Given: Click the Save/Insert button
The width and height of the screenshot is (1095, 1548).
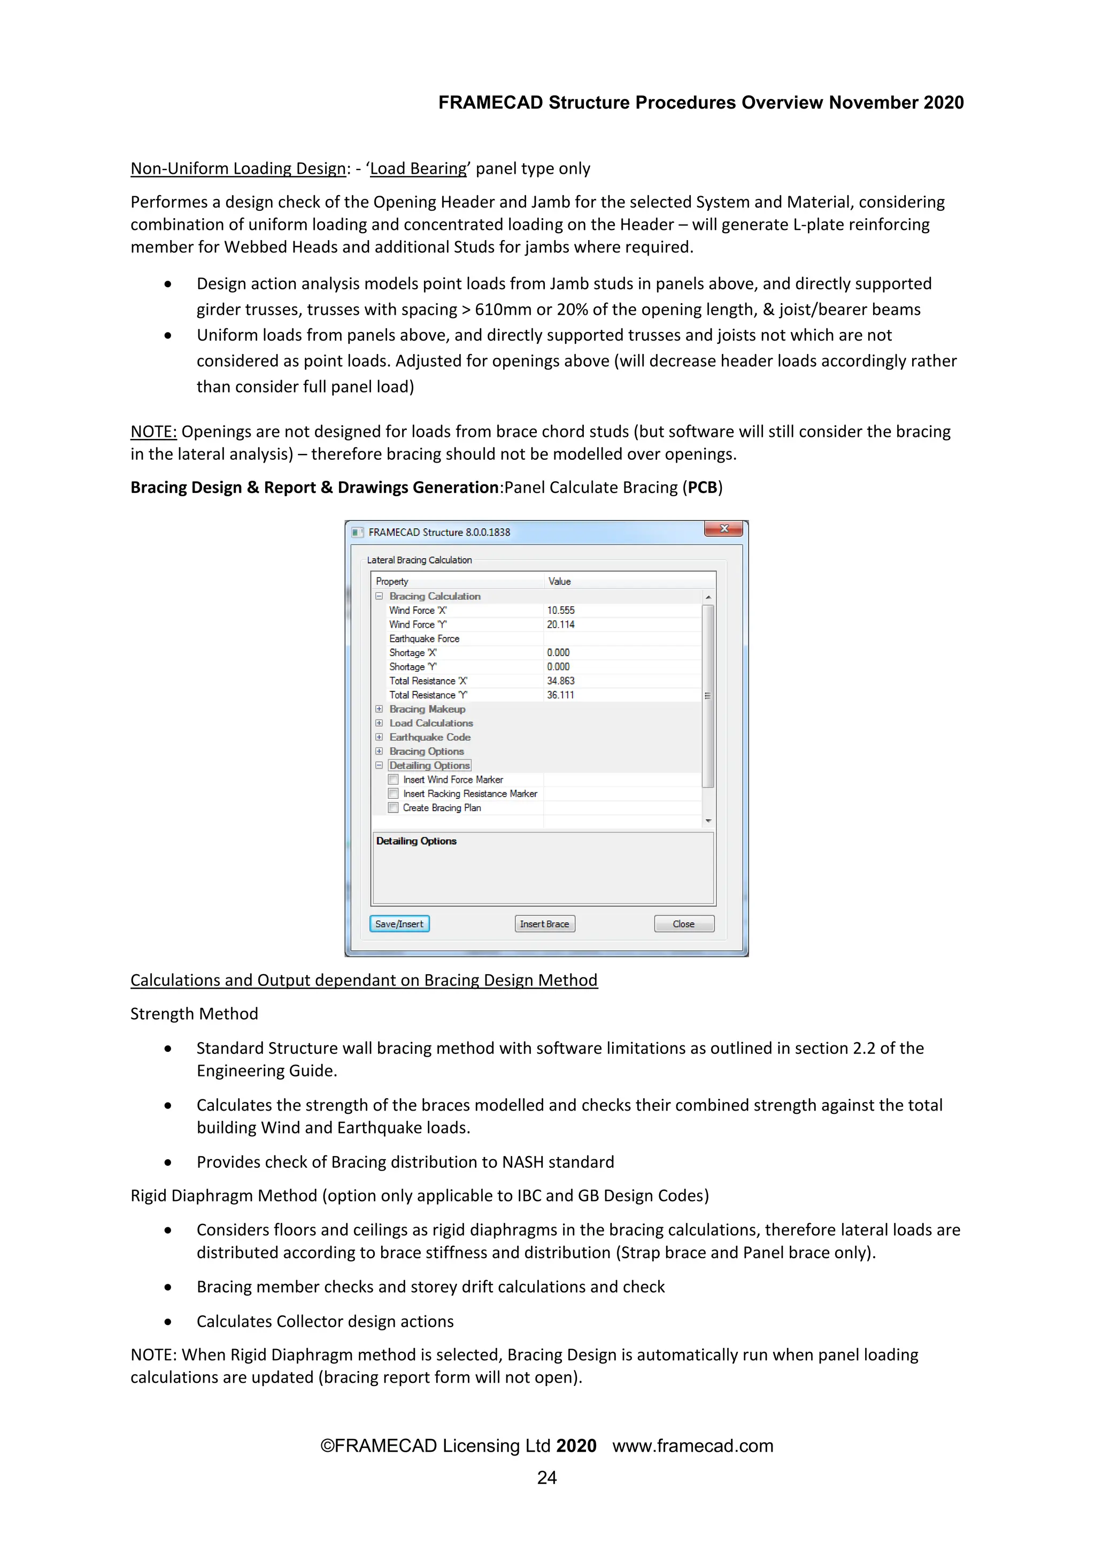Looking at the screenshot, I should (x=399, y=923).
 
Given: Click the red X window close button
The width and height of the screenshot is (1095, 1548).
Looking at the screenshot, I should (x=723, y=529).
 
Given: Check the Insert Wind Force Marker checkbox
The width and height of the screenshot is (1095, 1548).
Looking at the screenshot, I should (x=394, y=780).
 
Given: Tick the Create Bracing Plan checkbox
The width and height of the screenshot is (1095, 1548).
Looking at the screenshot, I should (x=394, y=808).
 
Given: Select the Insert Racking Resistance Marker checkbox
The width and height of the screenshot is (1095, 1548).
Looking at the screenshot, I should (x=394, y=794).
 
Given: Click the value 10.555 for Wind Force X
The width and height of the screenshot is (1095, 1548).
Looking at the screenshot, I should (x=560, y=610).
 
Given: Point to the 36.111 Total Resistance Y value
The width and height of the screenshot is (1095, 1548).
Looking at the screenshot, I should (x=560, y=695).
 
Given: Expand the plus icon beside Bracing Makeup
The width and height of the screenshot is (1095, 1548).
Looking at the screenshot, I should (x=379, y=709).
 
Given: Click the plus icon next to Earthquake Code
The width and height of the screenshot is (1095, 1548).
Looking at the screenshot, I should (x=379, y=737).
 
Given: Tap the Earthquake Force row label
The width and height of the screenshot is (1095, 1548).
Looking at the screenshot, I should (x=424, y=638).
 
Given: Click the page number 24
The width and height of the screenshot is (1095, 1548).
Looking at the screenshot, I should (x=547, y=1478).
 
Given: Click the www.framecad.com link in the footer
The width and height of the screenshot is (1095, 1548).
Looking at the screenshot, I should (x=692, y=1445).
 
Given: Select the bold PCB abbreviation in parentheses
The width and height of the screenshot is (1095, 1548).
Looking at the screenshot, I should (x=702, y=488).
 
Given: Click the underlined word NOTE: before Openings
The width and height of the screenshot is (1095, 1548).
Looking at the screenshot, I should (x=154, y=432).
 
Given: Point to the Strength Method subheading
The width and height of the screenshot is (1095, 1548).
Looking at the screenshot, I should (x=194, y=1014).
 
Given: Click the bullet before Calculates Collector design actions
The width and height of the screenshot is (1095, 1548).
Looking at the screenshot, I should (x=168, y=1321).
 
